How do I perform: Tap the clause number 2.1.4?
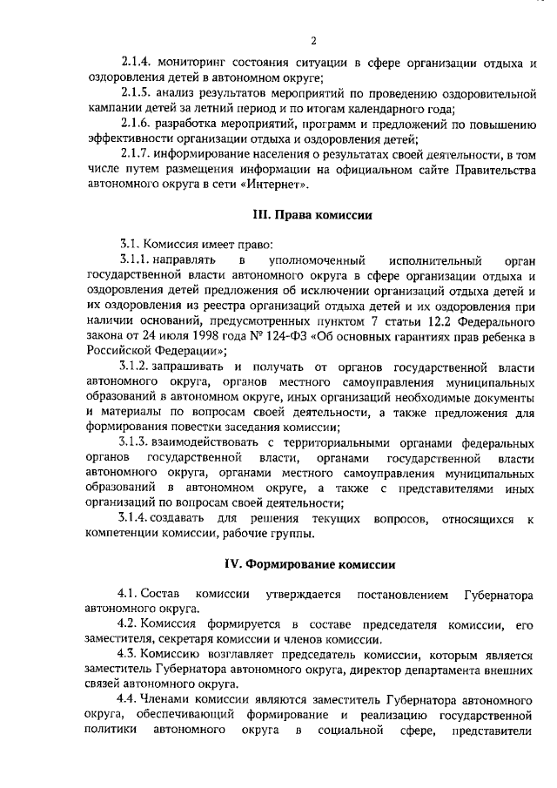tap(137, 63)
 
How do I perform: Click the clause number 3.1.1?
tap(137, 259)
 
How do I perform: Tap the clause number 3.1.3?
tap(137, 443)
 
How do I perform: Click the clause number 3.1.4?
tap(137, 519)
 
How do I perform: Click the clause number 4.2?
tap(128, 624)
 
